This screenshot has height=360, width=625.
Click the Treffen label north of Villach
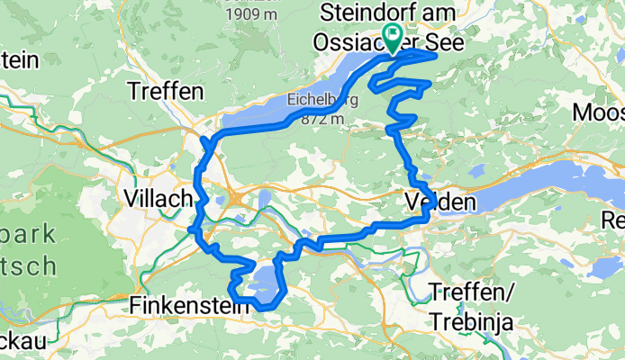click(x=166, y=91)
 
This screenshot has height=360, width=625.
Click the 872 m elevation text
click(x=322, y=118)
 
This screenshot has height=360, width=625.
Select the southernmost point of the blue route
click(x=264, y=309)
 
